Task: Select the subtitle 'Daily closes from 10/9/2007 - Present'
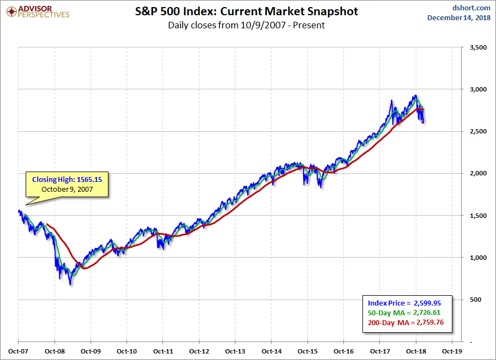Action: tap(246, 25)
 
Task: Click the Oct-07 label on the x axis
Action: tap(19, 351)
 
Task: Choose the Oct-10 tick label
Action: tap(127, 351)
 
